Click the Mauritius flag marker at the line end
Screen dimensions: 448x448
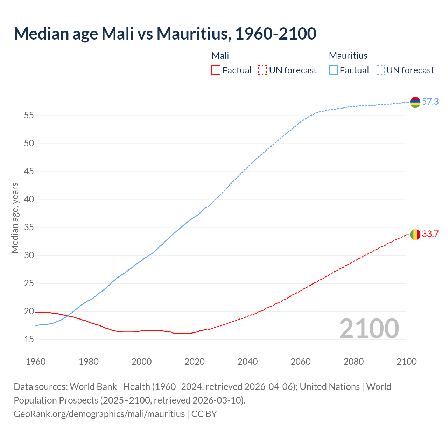click(415, 102)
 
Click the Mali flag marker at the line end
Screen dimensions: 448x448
click(415, 234)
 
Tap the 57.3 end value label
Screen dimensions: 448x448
click(430, 102)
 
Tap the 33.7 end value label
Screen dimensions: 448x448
click(430, 234)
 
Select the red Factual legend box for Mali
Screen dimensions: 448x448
click(216, 70)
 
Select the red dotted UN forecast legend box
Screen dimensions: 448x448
click(262, 70)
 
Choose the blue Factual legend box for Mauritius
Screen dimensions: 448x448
click(334, 70)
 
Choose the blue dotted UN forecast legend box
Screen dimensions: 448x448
click(380, 70)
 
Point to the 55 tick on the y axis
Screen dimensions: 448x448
click(29, 115)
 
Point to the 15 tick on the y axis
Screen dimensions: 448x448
click(29, 339)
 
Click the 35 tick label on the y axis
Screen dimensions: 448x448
click(29, 227)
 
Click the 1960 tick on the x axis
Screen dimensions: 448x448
click(36, 362)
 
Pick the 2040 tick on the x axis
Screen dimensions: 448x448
click(247, 362)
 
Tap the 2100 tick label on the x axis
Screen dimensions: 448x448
click(406, 362)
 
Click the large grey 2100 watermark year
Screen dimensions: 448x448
click(369, 329)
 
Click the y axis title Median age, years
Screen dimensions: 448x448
click(15, 218)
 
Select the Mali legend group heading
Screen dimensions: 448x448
click(220, 56)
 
